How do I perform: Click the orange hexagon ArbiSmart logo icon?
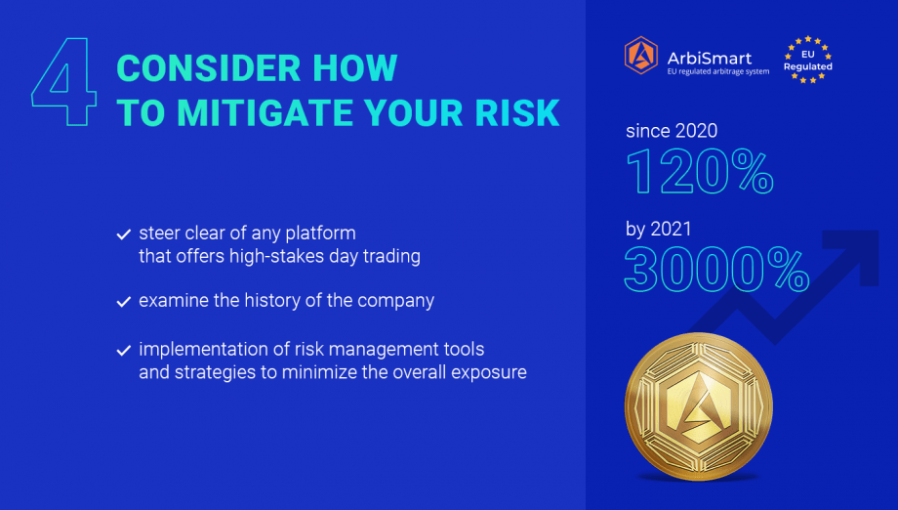[x=641, y=55]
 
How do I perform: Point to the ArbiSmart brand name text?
[x=710, y=58]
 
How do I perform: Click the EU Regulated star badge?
[x=807, y=60]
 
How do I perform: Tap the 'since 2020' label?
[x=672, y=131]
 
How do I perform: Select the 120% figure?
[x=700, y=171]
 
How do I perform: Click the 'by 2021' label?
[x=659, y=230]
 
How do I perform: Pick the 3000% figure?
[x=716, y=269]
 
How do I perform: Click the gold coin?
[x=699, y=406]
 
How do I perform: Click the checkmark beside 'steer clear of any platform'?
[x=124, y=234]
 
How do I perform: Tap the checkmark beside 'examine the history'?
[x=124, y=302]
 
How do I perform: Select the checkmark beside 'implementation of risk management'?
[x=124, y=350]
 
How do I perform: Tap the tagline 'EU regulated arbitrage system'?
[x=718, y=71]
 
